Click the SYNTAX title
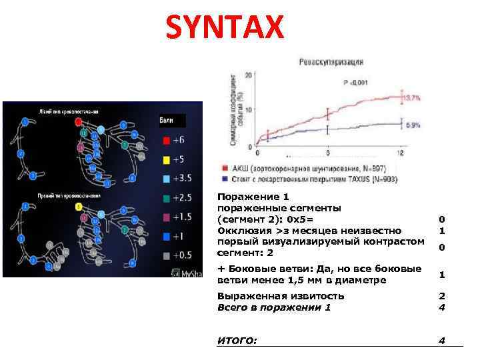(225, 29)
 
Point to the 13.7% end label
(413, 98)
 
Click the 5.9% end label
(413, 125)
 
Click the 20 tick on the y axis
(248, 75)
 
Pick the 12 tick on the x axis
(401, 153)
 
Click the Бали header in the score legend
(167, 121)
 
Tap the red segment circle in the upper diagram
(79, 122)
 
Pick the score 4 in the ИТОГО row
(441, 341)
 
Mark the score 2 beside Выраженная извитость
(441, 296)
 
